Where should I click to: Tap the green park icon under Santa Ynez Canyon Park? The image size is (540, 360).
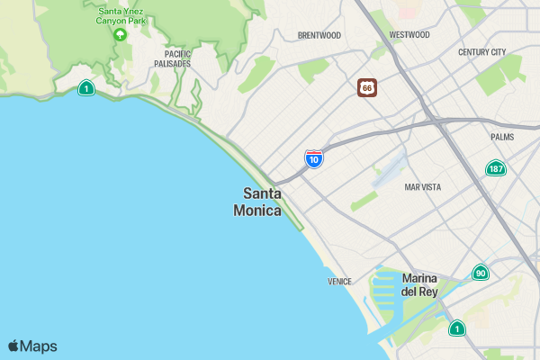[x=120, y=34]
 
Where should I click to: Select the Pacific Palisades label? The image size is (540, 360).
[x=171, y=59]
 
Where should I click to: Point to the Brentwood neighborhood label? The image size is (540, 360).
[x=319, y=36]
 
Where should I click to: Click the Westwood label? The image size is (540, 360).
[x=409, y=35]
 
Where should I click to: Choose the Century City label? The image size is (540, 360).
[x=481, y=52]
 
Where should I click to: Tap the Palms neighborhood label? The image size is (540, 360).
[x=502, y=137]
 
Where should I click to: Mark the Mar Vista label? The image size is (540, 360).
[x=423, y=187]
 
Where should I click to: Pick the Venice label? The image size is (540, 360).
[x=339, y=282]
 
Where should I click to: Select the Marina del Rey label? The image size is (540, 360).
[x=419, y=284]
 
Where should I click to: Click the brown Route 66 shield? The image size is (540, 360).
[x=366, y=87]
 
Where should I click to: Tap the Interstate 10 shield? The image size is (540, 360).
[x=313, y=159]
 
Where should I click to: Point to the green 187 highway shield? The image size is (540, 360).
[x=495, y=168]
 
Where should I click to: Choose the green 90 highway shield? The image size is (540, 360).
[x=481, y=273]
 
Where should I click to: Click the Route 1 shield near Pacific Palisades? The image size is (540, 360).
[x=85, y=87]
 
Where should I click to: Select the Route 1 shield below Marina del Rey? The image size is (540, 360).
[x=457, y=328]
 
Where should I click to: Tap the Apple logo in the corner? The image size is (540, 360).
[x=14, y=346]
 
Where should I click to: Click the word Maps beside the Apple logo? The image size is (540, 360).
[x=39, y=346]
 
